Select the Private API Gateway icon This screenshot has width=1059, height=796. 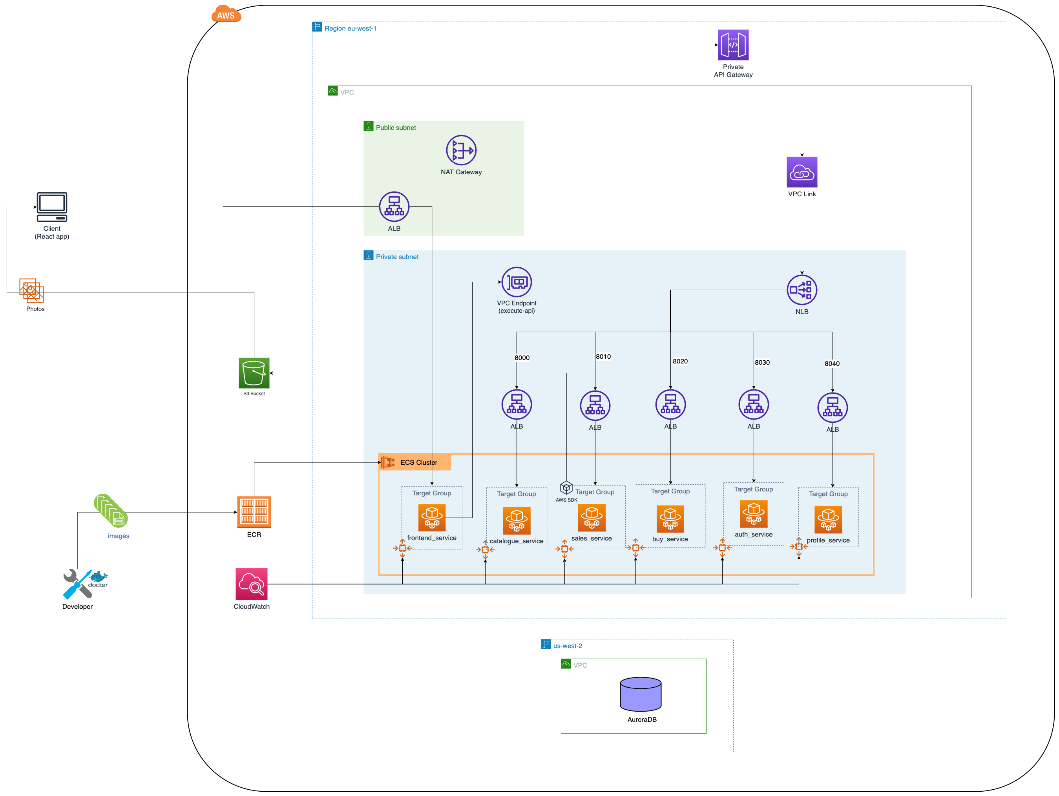tap(733, 45)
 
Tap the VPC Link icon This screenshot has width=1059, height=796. tap(802, 172)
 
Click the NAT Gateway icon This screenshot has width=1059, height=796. tap(461, 150)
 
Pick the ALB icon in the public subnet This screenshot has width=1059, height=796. tap(394, 207)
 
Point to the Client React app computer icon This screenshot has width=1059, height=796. tap(52, 207)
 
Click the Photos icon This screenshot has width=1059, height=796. tap(32, 290)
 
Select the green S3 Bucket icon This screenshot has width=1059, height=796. tap(254, 373)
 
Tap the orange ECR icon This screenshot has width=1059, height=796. tap(254, 512)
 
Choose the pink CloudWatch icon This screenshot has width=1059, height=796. tap(251, 584)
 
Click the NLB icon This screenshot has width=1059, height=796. tap(802, 290)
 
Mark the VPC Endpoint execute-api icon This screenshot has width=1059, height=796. tap(517, 282)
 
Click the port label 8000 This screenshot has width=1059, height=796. tap(522, 358)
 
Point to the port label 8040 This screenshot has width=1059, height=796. tap(832, 363)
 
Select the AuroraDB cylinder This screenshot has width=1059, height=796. tap(641, 694)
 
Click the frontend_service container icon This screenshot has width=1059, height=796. tap(432, 517)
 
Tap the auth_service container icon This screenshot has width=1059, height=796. tap(754, 514)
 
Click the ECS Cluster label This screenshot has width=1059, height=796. tap(418, 462)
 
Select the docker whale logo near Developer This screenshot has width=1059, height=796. tap(99, 576)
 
